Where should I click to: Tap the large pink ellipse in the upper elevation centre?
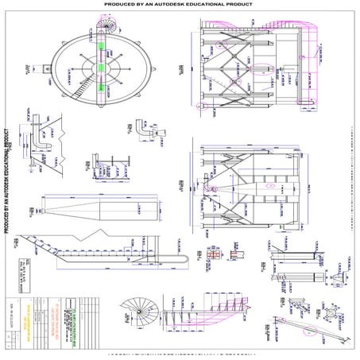click(235, 81)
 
